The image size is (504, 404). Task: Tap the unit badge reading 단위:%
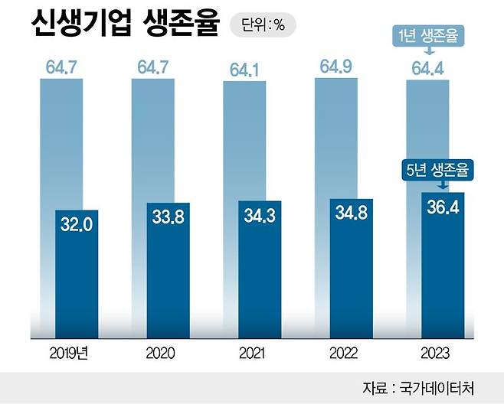point(263,24)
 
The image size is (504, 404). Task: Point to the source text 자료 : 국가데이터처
point(429,386)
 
